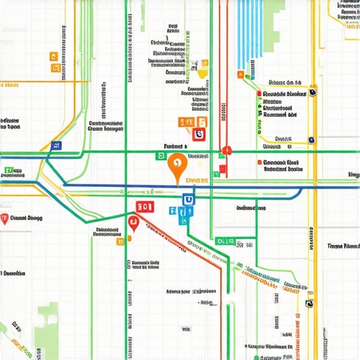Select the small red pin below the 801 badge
[133, 224]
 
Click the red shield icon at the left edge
[6, 218]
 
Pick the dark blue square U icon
[187, 200]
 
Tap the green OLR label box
[224, 241]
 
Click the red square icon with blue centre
[200, 134]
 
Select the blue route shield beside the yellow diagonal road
[56, 146]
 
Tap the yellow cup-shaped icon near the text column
[202, 72]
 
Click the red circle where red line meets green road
[226, 150]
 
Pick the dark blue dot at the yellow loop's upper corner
[313, 91]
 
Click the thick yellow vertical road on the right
[316, 211]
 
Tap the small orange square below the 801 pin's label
[120, 240]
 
